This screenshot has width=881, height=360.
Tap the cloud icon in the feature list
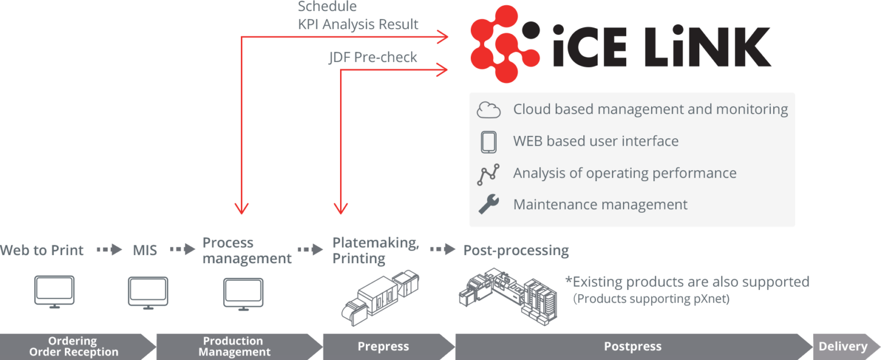(489, 109)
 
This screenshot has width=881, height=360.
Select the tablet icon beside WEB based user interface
(489, 142)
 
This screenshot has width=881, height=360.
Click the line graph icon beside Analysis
(489, 174)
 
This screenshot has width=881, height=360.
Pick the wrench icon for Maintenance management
(489, 204)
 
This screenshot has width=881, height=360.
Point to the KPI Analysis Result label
(358, 25)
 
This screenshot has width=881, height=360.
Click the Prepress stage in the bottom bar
(383, 346)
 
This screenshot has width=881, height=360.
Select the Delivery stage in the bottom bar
(843, 346)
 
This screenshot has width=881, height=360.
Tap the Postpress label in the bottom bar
(633, 346)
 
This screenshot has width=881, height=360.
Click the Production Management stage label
(234, 346)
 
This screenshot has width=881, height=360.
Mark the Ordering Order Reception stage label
(74, 346)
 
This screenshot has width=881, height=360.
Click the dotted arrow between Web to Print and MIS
(109, 250)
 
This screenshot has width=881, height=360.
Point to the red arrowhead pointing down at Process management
(243, 209)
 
